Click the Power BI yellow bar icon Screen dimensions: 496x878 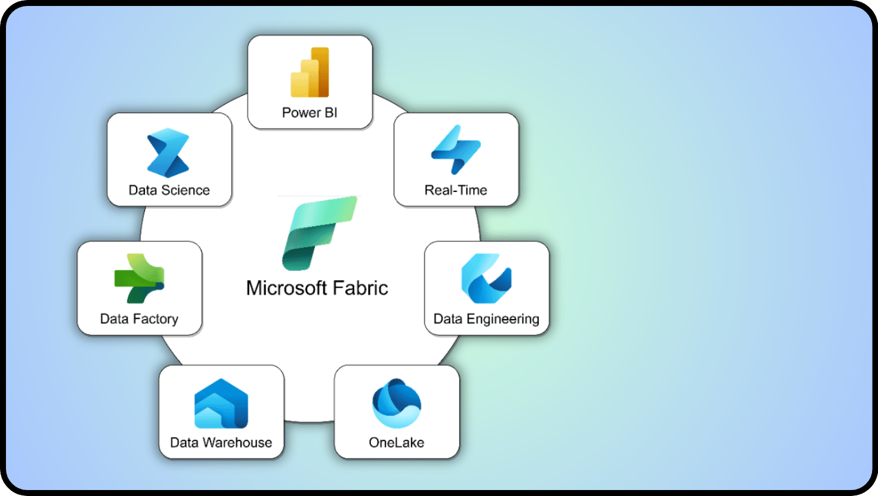pyautogui.click(x=310, y=72)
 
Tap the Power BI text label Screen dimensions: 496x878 pyautogui.click(x=310, y=113)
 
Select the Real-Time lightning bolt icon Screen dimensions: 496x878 pyautogui.click(x=456, y=149)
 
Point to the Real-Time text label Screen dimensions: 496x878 pyautogui.click(x=456, y=190)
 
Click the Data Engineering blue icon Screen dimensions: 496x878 pyautogui.click(x=486, y=278)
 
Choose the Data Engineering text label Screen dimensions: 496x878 pyautogui.click(x=486, y=319)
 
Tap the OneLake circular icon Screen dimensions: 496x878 pyautogui.click(x=397, y=403)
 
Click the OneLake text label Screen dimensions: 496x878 pyautogui.click(x=397, y=442)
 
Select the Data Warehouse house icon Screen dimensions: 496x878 pyautogui.click(x=221, y=403)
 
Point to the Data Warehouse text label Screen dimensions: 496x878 pyautogui.click(x=221, y=442)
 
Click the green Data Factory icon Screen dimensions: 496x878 pyautogui.click(x=140, y=278)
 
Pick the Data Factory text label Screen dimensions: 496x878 pyautogui.click(x=139, y=319)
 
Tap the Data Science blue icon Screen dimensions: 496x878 pyautogui.click(x=168, y=153)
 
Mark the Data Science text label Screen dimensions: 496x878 pyautogui.click(x=169, y=190)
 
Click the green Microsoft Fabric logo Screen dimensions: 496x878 pyautogui.click(x=319, y=232)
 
